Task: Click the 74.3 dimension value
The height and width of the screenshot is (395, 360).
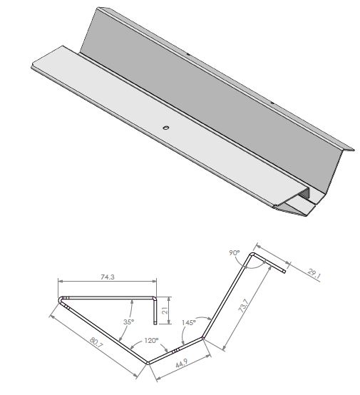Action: tap(108, 277)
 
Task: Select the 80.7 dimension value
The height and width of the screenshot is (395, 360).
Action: tap(96, 343)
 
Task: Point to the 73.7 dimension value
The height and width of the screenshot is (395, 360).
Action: tap(244, 306)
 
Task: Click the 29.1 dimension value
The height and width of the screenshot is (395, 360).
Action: tap(314, 274)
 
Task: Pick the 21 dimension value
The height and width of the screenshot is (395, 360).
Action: tap(165, 311)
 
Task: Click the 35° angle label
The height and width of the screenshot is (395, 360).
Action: tap(128, 322)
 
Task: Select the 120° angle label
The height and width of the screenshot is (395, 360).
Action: tap(151, 341)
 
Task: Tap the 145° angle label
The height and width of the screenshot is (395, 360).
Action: tap(189, 322)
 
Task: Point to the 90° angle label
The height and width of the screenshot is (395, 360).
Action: tap(235, 252)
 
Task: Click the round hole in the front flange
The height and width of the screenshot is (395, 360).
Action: tap(165, 128)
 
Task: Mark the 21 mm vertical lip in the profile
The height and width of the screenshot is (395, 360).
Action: tap(155, 311)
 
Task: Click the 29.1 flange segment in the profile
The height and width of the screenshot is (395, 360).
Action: tap(269, 263)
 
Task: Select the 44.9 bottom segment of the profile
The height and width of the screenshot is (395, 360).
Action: tap(175, 350)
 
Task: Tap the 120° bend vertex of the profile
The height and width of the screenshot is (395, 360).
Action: tap(148, 362)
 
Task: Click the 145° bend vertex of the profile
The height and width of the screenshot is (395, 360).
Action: tap(202, 338)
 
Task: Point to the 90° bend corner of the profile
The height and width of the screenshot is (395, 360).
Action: tap(252, 254)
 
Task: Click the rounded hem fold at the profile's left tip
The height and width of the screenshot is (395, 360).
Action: tap(61, 299)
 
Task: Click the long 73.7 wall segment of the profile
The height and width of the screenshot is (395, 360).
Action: tap(227, 296)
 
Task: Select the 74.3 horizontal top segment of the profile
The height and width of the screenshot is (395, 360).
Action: tap(107, 297)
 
